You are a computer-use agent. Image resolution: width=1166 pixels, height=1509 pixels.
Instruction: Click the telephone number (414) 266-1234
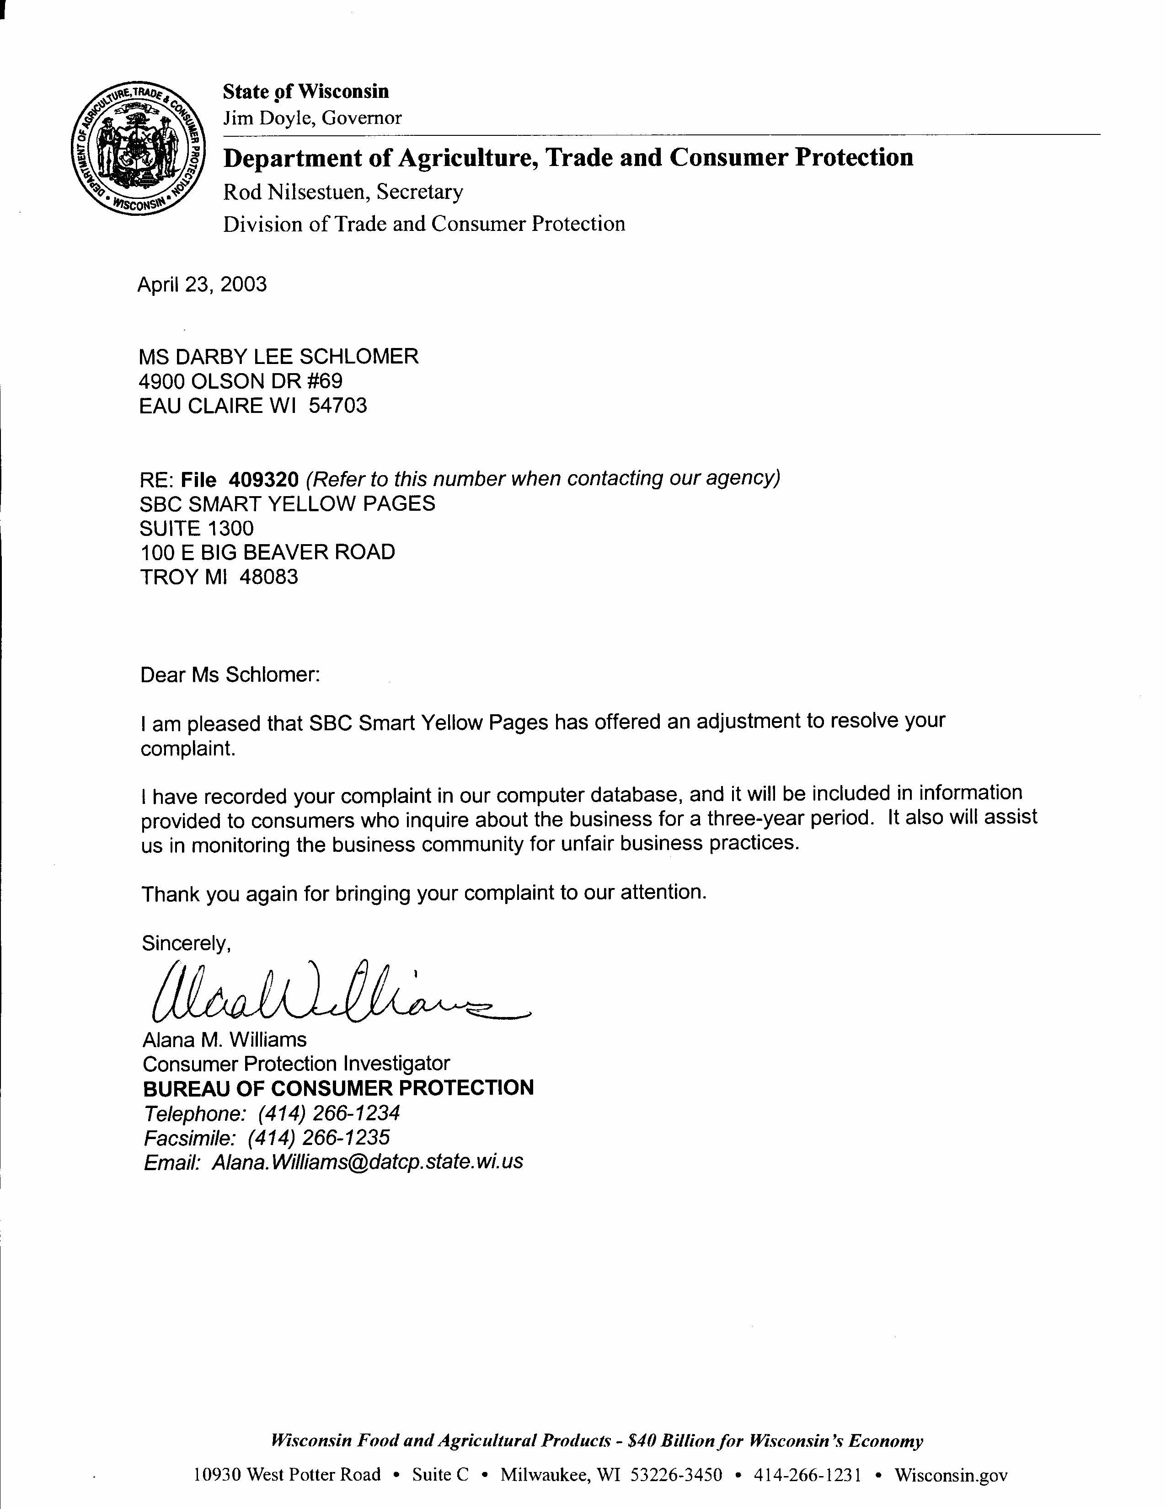[x=330, y=1113]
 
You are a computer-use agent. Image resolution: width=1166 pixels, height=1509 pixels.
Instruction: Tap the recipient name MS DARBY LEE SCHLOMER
[x=279, y=357]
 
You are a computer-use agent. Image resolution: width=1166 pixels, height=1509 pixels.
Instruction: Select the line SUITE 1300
[x=197, y=529]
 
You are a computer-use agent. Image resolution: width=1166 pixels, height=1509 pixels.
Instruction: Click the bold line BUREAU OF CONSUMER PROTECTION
[x=338, y=1088]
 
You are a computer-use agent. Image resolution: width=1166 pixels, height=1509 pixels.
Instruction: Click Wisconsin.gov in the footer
[x=951, y=1475]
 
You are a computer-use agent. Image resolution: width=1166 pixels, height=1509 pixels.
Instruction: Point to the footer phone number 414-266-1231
[x=808, y=1475]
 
